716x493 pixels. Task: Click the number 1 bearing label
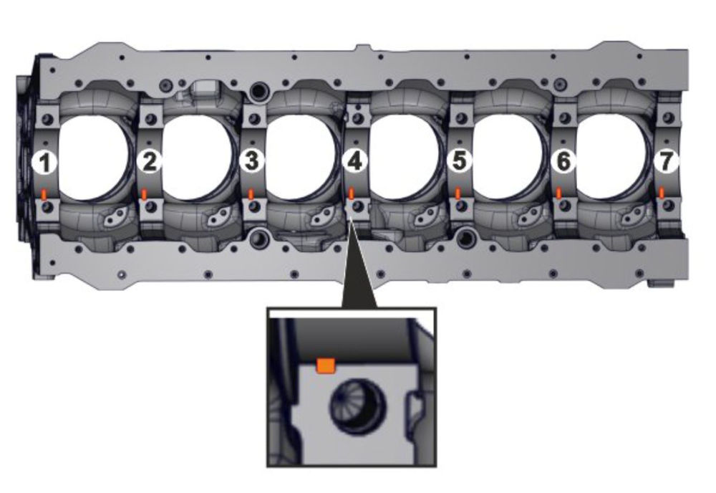tap(44, 162)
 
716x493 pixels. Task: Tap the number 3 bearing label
tap(252, 161)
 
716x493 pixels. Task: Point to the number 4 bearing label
tap(355, 161)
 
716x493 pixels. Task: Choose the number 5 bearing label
tap(460, 160)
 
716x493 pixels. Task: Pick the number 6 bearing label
tap(563, 161)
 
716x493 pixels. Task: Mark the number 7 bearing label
tap(666, 160)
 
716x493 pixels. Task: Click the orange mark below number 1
tap(44, 195)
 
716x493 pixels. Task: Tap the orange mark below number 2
tap(145, 194)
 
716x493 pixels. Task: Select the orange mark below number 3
tap(251, 193)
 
